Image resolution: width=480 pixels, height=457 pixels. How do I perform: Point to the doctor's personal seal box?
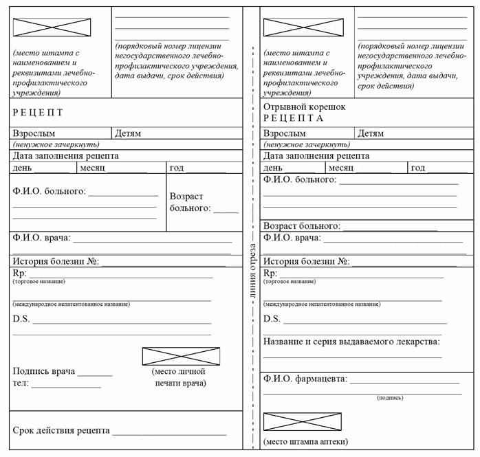(x=181, y=356)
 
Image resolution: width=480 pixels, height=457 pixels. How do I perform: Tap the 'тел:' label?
(x=21, y=383)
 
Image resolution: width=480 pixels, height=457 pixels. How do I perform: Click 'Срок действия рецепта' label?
(x=61, y=430)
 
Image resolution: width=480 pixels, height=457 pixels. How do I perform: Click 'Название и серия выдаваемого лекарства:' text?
(x=351, y=341)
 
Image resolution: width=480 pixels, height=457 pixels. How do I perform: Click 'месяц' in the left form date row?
(x=92, y=168)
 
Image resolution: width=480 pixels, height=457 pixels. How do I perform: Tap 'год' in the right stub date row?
(x=417, y=168)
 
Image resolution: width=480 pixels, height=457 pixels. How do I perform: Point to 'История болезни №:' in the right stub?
(x=307, y=261)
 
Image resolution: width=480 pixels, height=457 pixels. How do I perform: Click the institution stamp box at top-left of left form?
(x=52, y=27)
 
